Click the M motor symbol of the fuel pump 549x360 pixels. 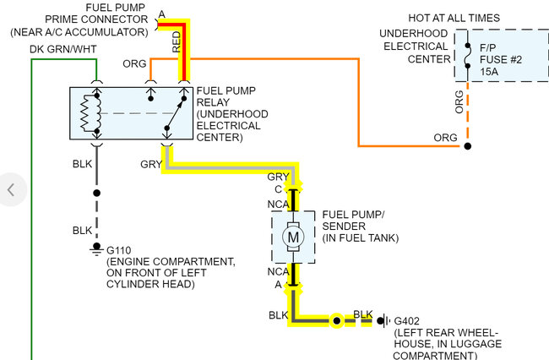point(293,237)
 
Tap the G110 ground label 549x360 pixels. point(119,250)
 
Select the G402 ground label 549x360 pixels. point(406,321)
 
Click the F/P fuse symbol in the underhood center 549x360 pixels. point(467,56)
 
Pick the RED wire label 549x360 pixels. point(177,42)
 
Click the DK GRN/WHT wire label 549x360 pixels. point(63,49)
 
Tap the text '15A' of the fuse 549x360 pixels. point(489,72)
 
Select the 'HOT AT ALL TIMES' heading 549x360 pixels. point(454,18)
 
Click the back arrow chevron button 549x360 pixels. point(11,190)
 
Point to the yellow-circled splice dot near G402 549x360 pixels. point(336,320)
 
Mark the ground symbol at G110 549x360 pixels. point(96,249)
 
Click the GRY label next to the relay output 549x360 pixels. point(151,164)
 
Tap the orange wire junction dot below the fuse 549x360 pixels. point(467,146)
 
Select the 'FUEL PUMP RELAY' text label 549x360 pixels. point(226,96)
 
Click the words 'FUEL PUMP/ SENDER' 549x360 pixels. point(353,221)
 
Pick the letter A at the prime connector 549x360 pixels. point(162,14)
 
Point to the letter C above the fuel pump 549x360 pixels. point(279,189)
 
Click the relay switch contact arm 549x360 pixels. point(175,113)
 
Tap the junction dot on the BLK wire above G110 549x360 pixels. point(97,193)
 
